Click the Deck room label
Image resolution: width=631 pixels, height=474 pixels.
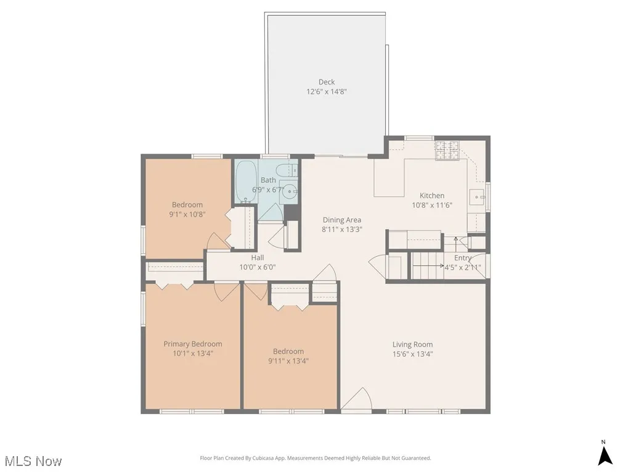[x=327, y=82]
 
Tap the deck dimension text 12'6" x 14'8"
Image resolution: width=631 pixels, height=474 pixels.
[x=327, y=91]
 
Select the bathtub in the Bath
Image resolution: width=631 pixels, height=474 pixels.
[x=243, y=181]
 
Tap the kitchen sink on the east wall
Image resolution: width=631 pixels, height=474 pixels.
[x=478, y=197]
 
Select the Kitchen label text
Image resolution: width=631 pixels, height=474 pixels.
[x=432, y=196]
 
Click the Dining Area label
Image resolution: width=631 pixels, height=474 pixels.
[x=342, y=220]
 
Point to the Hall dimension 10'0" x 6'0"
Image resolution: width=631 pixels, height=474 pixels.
[x=258, y=267]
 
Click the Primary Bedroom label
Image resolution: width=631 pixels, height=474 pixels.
[x=193, y=344]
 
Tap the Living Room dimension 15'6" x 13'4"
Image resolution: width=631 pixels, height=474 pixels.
[x=413, y=354]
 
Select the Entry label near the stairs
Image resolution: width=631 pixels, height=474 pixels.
[x=463, y=258]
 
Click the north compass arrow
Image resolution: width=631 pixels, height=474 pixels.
[x=605, y=455]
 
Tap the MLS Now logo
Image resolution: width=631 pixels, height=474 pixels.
[x=33, y=461]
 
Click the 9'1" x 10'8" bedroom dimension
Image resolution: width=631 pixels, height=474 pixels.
[x=187, y=214]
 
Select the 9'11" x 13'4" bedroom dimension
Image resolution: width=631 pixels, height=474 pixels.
[x=288, y=360]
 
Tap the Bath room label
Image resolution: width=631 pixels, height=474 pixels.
[x=268, y=180]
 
